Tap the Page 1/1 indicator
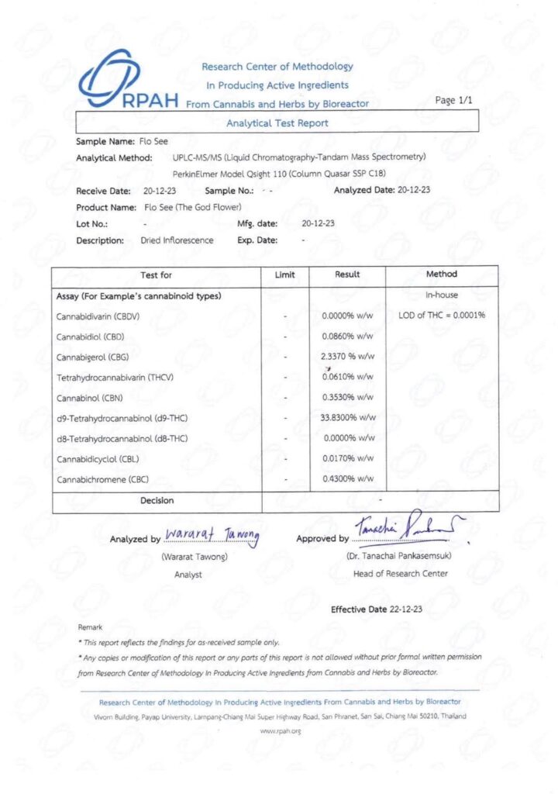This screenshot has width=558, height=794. (455, 100)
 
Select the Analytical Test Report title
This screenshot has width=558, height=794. (277, 123)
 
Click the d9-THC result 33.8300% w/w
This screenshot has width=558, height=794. (348, 418)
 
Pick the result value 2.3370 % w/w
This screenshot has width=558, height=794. (348, 357)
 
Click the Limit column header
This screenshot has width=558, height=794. (285, 274)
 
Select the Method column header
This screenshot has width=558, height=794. (442, 274)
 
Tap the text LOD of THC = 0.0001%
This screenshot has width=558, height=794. (442, 316)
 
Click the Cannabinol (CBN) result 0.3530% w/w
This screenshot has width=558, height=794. (348, 397)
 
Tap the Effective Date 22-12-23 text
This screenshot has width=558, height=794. (377, 609)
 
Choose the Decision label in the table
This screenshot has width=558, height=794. (157, 501)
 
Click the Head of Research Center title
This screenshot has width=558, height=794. (400, 574)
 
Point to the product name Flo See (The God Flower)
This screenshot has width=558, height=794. (193, 207)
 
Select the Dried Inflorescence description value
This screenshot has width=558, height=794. (177, 240)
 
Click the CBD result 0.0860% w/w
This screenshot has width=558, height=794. (348, 337)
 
